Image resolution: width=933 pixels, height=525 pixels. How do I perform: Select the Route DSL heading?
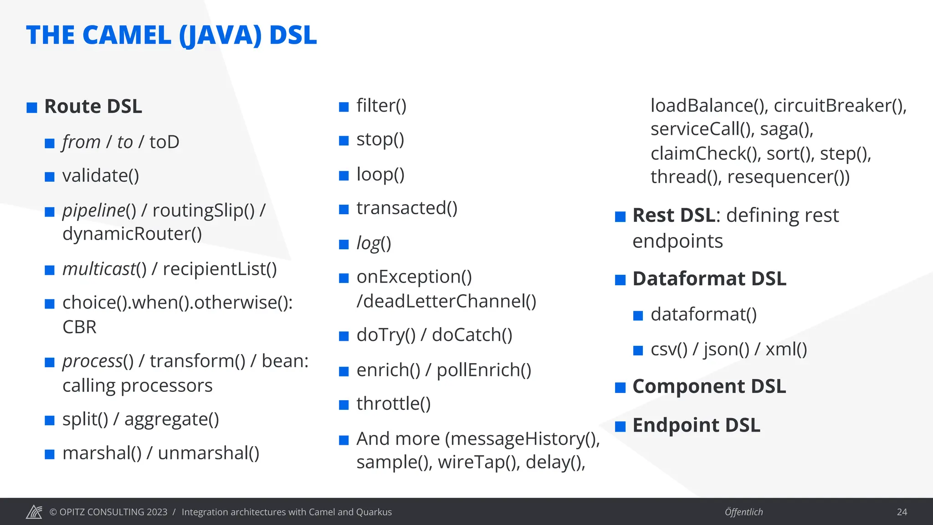pyautogui.click(x=93, y=107)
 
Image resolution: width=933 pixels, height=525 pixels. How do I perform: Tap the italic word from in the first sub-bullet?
pyautogui.click(x=81, y=142)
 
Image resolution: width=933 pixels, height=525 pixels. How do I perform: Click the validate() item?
pyautogui.click(x=101, y=176)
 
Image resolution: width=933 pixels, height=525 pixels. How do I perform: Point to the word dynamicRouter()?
pyautogui.click(x=132, y=234)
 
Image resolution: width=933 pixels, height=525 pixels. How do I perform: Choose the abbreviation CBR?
pyautogui.click(x=79, y=327)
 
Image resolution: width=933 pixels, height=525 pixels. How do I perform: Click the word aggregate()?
pyautogui.click(x=172, y=420)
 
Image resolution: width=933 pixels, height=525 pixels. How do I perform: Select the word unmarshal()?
pyautogui.click(x=209, y=453)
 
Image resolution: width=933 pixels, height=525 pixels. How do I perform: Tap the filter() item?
pyautogui.click(x=381, y=106)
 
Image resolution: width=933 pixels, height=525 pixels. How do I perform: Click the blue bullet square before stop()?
pyautogui.click(x=344, y=141)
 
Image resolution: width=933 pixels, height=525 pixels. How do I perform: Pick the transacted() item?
pyautogui.click(x=407, y=208)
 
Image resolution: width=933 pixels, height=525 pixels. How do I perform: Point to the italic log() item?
pyautogui.click(x=374, y=243)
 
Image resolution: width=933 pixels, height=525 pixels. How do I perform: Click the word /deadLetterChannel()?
pyautogui.click(x=446, y=301)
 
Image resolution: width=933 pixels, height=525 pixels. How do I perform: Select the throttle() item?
pyautogui.click(x=394, y=404)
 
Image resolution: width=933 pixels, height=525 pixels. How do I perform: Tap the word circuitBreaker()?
pyautogui.click(x=840, y=106)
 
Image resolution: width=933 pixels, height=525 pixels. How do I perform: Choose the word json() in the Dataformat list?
pyautogui.click(x=726, y=350)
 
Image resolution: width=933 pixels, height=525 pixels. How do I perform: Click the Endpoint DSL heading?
pyautogui.click(x=696, y=426)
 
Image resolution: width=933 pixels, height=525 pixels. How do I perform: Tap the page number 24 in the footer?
pyautogui.click(x=902, y=512)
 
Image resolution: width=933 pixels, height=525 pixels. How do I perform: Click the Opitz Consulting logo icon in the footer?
pyautogui.click(x=34, y=512)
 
